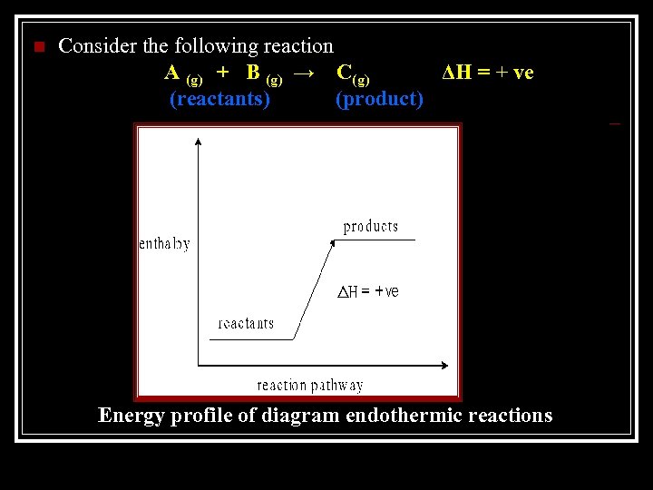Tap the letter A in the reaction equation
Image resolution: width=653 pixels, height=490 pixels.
171,73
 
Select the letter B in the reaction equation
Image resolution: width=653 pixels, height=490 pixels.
253,73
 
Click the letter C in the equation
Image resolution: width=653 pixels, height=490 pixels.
345,73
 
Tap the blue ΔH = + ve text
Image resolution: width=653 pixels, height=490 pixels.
487,73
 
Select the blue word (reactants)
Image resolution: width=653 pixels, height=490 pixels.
219,98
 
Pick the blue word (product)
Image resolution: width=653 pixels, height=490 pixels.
379,98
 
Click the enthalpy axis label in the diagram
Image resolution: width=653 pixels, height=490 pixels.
164,243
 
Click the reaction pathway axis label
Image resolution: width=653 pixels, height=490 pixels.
310,385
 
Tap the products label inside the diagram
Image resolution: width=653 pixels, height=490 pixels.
370,227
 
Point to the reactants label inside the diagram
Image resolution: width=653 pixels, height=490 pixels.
246,323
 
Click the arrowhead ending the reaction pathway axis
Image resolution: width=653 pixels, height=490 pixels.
443,366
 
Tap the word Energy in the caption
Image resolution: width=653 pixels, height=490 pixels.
130,416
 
